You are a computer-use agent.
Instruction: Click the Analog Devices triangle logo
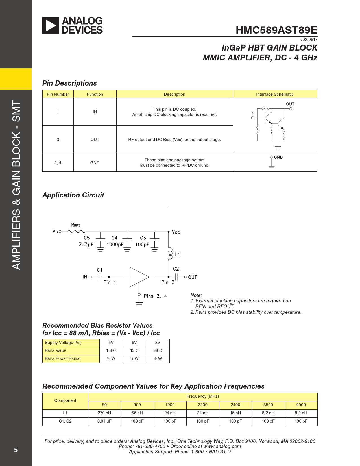51,25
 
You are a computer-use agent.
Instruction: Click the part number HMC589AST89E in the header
276,30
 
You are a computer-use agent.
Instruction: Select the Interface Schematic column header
275,94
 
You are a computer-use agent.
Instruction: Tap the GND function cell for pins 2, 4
95,163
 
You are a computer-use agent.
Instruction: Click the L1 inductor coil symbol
170,253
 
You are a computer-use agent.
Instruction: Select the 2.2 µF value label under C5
86,245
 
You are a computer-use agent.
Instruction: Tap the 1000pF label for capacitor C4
115,245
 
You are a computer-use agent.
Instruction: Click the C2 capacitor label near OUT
176,269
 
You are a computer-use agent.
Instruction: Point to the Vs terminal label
55,232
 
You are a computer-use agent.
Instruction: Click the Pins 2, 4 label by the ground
155,296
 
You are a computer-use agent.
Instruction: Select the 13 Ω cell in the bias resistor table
134,350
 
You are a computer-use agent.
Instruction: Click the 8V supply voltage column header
158,343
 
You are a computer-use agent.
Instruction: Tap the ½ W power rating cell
158,358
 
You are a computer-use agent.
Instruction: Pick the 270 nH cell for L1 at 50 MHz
104,413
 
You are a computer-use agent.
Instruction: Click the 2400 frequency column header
235,405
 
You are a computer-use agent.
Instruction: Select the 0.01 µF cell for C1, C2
104,421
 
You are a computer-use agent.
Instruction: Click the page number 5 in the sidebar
16,450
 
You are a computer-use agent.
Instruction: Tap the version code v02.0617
309,40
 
